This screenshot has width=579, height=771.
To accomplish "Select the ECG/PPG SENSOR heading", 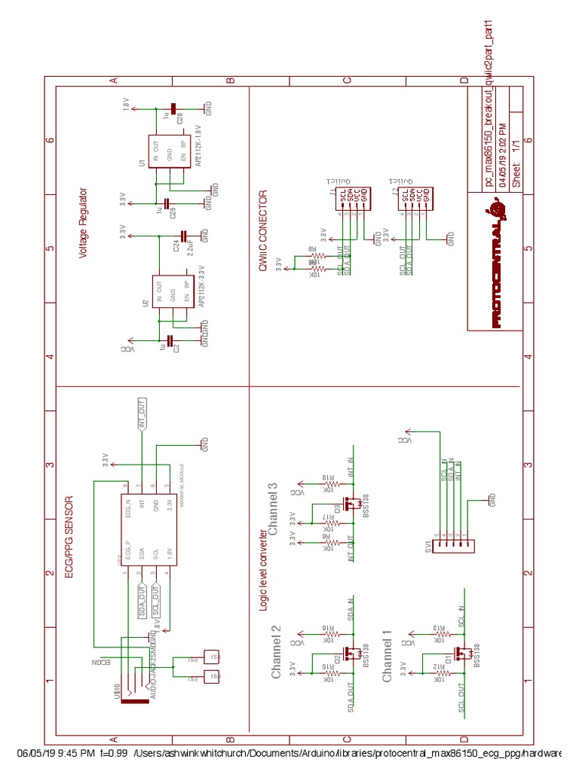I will click(68, 536).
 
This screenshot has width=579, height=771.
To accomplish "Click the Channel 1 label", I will click(388, 661).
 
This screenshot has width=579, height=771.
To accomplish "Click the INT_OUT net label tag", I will click(141, 416).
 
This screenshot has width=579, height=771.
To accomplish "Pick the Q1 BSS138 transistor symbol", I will click(462, 654).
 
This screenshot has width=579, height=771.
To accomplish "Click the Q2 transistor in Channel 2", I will click(351, 654).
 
